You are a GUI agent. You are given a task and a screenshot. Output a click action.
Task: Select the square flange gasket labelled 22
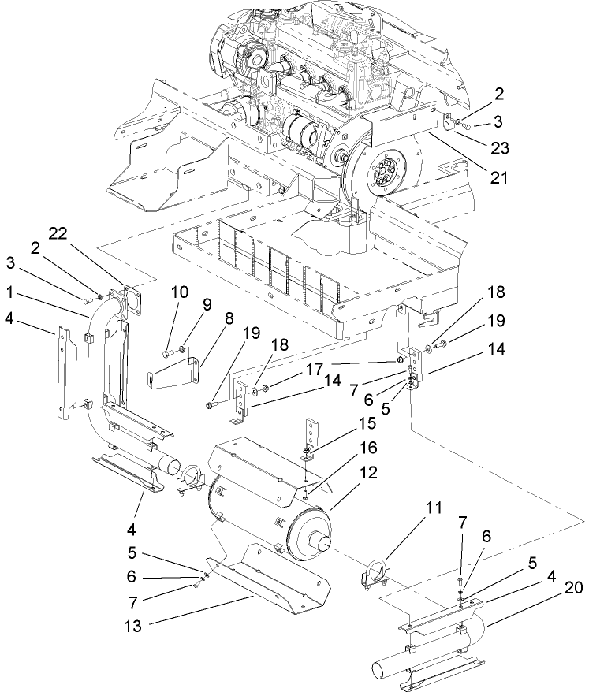pyautogui.click(x=126, y=296)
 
